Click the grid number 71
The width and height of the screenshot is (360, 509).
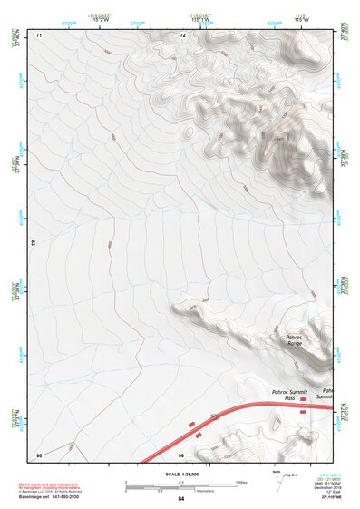(39, 35)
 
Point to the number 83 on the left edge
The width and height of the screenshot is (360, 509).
(34, 244)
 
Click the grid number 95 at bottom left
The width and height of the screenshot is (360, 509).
(38, 454)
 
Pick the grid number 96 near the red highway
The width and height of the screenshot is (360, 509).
(181, 454)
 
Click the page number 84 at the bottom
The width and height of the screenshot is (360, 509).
(181, 499)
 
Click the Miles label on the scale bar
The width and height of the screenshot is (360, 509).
(241, 481)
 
